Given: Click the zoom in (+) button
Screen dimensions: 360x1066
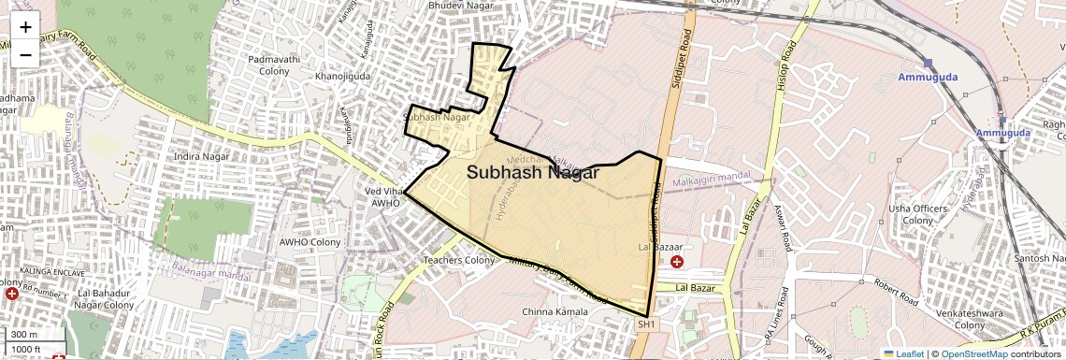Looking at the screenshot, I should (x=25, y=27).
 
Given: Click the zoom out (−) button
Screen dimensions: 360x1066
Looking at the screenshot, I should (x=25, y=54).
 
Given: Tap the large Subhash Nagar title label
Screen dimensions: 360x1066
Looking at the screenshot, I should (x=533, y=173).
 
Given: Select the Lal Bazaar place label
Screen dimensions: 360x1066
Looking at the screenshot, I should (x=655, y=247).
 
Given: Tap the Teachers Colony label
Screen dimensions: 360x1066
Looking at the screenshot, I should (x=458, y=260).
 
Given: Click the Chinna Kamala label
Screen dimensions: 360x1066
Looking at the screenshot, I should (x=555, y=311).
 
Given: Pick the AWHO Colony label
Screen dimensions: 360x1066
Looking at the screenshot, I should (x=310, y=242).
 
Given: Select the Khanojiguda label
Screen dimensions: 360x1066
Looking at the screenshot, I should (x=343, y=76).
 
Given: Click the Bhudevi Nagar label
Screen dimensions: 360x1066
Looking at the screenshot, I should (x=459, y=6).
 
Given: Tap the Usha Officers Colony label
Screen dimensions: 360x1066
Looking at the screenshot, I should (x=918, y=214).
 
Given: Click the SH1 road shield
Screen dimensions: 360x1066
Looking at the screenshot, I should (x=647, y=324).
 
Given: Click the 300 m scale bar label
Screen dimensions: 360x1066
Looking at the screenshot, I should (x=25, y=335).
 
